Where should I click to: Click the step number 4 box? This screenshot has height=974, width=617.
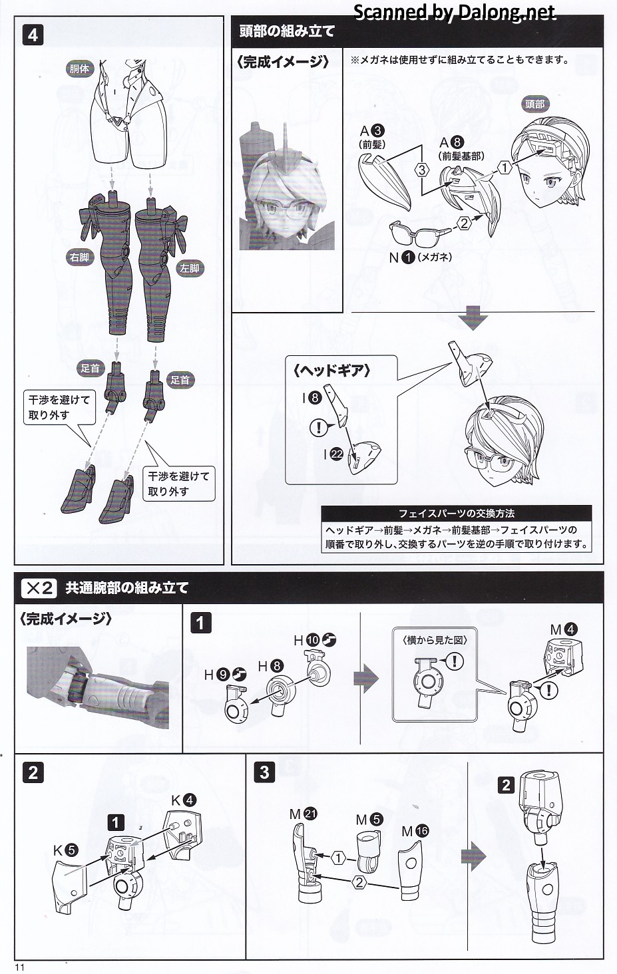(x=33, y=35)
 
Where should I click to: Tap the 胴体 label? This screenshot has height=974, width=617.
(x=79, y=69)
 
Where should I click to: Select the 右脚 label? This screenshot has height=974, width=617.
(x=79, y=257)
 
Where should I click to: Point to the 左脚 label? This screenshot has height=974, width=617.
(x=189, y=268)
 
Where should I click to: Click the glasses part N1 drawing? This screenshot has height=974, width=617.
(x=417, y=233)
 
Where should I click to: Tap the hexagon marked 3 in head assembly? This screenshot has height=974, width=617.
(x=421, y=169)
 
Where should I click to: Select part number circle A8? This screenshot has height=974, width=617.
(x=457, y=142)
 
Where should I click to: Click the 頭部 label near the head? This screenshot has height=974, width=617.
(x=534, y=104)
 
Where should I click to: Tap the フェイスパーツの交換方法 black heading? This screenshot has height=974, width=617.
(x=457, y=514)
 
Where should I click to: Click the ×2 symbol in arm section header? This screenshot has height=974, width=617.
(x=39, y=587)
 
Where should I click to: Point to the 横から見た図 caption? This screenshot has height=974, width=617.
(x=435, y=639)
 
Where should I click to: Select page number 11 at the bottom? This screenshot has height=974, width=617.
(x=19, y=967)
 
